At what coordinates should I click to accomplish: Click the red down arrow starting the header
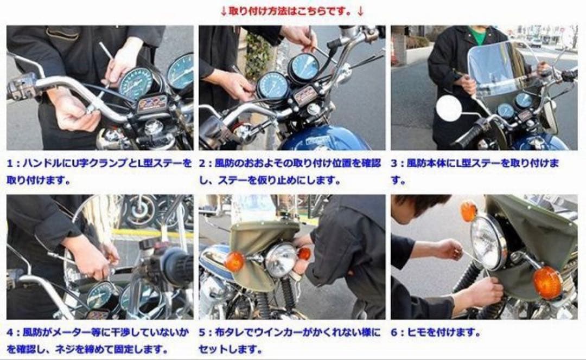224,10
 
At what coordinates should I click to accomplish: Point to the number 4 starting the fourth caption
11,332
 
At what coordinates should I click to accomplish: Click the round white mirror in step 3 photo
448,108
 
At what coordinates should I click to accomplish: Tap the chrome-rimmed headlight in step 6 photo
488,242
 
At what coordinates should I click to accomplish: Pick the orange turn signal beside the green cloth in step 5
235,261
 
